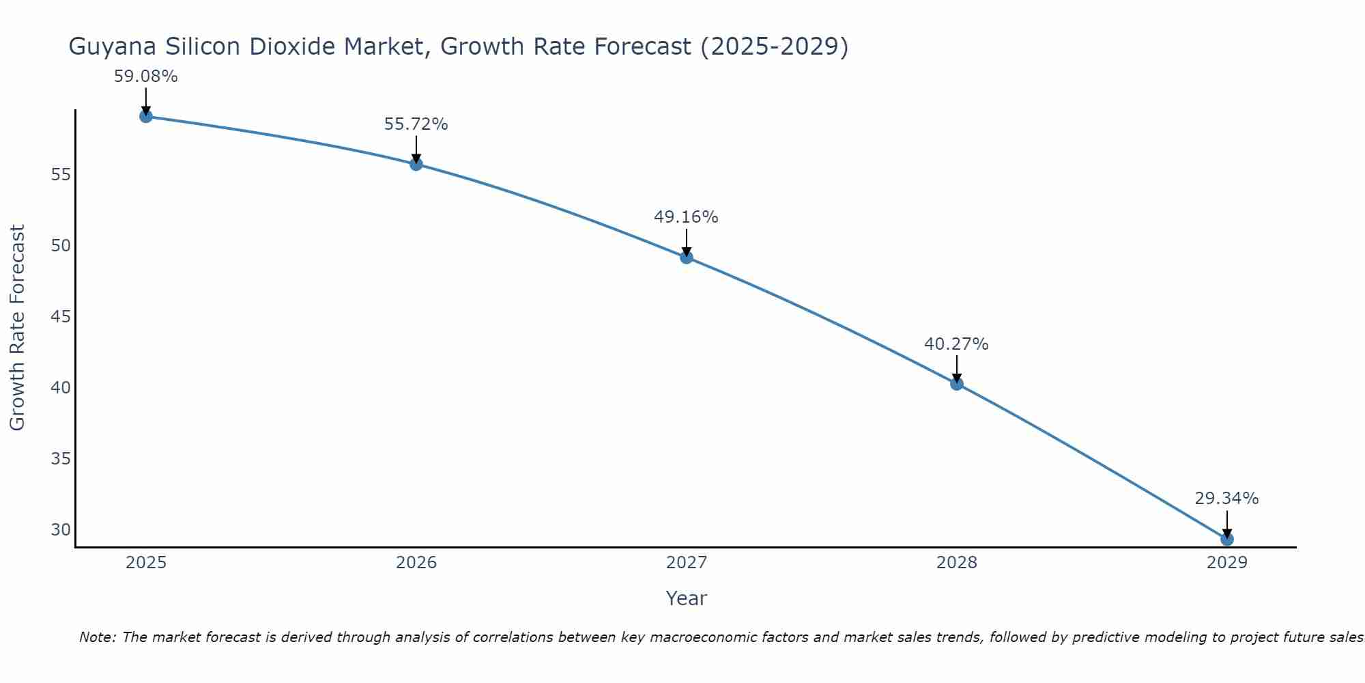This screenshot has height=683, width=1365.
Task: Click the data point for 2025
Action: pyautogui.click(x=146, y=116)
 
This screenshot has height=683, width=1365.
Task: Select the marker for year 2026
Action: pyautogui.click(x=416, y=164)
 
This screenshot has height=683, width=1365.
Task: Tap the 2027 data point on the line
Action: pyautogui.click(x=687, y=257)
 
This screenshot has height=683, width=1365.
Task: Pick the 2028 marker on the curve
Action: pyautogui.click(x=957, y=384)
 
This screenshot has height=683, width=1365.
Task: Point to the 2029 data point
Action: pyautogui.click(x=1227, y=539)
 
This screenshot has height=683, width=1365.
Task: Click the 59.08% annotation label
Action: pyautogui.click(x=146, y=76)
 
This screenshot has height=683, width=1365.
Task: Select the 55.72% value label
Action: pyautogui.click(x=416, y=124)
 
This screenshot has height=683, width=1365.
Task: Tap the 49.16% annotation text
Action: pyautogui.click(x=687, y=217)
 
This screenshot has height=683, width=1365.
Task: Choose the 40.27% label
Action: pyautogui.click(x=957, y=344)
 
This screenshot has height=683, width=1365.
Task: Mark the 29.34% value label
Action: pyautogui.click(x=1227, y=499)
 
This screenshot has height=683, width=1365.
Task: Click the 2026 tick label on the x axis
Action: pyautogui.click(x=416, y=563)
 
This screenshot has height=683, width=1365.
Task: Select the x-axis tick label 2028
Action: pyautogui.click(x=957, y=563)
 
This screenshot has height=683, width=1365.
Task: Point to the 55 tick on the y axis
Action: pyautogui.click(x=61, y=175)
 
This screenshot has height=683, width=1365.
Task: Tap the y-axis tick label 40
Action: pyautogui.click(x=61, y=388)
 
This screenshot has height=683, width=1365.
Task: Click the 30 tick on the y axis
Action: pyautogui.click(x=61, y=530)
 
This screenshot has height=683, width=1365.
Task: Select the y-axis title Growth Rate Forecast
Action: pyautogui.click(x=18, y=328)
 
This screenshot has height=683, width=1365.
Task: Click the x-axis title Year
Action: pyautogui.click(x=687, y=598)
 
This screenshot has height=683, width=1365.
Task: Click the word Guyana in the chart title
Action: pyautogui.click(x=113, y=47)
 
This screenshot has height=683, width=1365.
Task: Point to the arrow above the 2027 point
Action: pyautogui.click(x=687, y=242)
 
